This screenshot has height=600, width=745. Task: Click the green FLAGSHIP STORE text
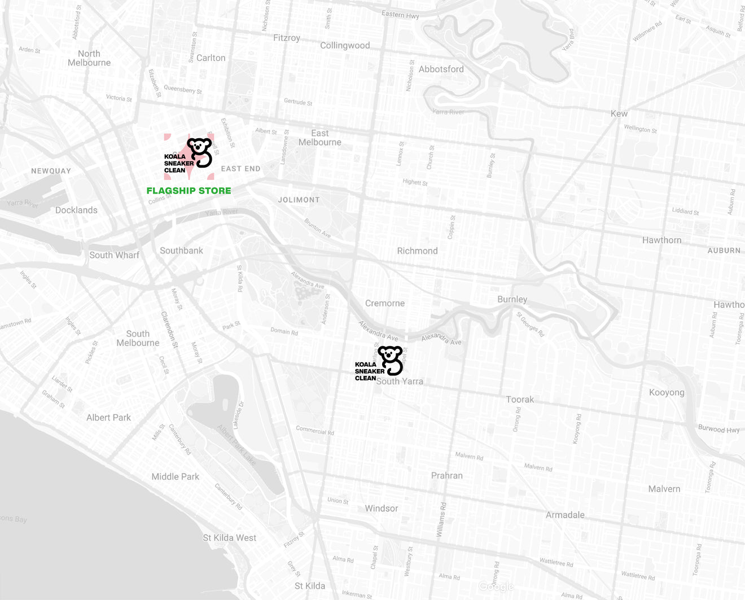click(x=189, y=191)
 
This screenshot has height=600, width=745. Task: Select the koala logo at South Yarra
click(x=379, y=363)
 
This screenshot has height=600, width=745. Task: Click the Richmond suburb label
click(x=417, y=251)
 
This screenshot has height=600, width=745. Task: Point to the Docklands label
click(x=76, y=210)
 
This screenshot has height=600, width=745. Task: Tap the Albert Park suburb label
click(x=108, y=418)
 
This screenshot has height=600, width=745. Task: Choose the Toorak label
click(x=520, y=400)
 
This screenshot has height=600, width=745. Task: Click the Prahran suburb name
click(x=446, y=476)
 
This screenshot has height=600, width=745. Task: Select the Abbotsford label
click(x=441, y=69)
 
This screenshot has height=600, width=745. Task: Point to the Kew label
click(x=619, y=113)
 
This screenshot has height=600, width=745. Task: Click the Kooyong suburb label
click(x=667, y=392)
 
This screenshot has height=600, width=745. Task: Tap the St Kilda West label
click(x=229, y=538)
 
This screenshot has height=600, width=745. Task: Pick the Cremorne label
click(x=385, y=303)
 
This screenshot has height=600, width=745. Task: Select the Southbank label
click(x=181, y=251)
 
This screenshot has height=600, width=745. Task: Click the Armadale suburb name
click(x=565, y=515)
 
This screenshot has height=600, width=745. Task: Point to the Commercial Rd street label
click(x=315, y=430)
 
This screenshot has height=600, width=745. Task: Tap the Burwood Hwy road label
click(x=718, y=428)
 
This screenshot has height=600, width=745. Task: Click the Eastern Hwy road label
click(x=400, y=15)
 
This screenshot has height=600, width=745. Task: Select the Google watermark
click(x=496, y=587)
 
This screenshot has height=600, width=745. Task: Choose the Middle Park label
click(x=175, y=476)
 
